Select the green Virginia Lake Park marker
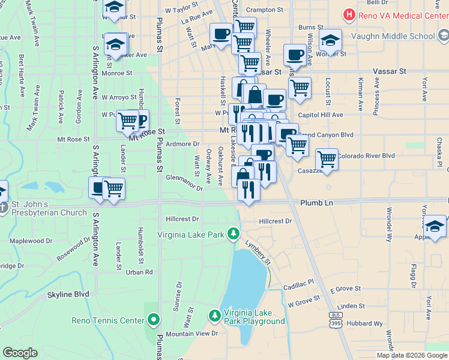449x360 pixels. pyautogui.click(x=234, y=233)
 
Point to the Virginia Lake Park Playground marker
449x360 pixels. pyautogui.click(x=215, y=315)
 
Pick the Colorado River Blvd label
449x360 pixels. pyautogui.click(x=366, y=156)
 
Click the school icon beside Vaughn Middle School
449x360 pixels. pyautogui.click(x=330, y=41)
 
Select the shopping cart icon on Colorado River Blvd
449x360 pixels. pyautogui.click(x=327, y=160)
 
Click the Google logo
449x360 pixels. pyautogui.click(x=20, y=353)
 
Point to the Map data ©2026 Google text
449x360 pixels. pyautogui.click(x=412, y=355)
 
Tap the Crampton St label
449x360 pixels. pyautogui.click(x=265, y=10)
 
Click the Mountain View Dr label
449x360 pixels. pyautogui.click(x=191, y=334)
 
